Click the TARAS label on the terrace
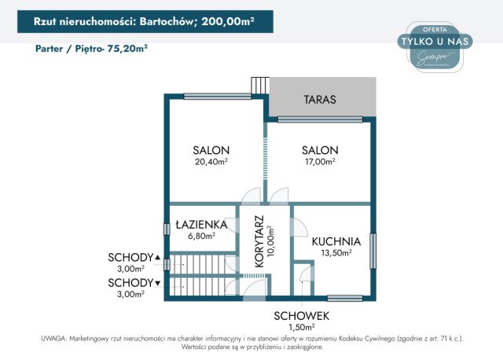(x=320, y=101)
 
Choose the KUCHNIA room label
(x=336, y=241)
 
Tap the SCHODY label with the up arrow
(x=134, y=257)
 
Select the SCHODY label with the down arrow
(x=134, y=282)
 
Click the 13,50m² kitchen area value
(x=336, y=253)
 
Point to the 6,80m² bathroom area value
(x=201, y=235)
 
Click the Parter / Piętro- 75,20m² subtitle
(x=92, y=48)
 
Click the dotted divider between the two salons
(x=264, y=161)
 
